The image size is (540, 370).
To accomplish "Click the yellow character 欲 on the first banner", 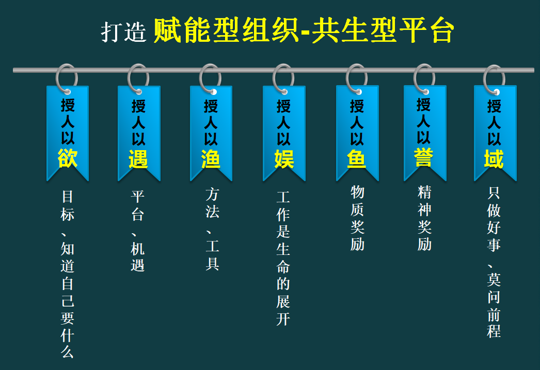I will [68, 158].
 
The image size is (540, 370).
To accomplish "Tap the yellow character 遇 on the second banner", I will [138, 158].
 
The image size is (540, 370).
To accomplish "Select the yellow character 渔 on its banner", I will [211, 158].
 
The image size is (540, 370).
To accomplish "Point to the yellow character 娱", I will [284, 158].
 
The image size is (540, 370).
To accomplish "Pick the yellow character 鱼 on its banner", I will [357, 158].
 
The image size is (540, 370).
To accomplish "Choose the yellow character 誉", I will [424, 157].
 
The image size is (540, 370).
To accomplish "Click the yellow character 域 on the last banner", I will [494, 158].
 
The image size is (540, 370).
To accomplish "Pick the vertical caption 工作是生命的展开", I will [283, 259].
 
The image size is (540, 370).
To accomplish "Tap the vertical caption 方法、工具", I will [212, 229].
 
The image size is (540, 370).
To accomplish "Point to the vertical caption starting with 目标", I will [68, 274].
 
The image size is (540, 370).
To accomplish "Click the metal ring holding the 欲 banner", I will [67, 78].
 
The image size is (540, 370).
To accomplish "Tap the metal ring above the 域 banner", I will [494, 79].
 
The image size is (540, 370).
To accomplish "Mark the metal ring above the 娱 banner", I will [283, 78].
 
